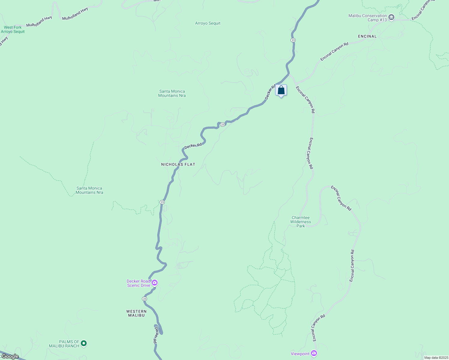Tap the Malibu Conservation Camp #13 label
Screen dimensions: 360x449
pos(368,18)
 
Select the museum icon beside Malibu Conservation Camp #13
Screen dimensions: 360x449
pos(391,17)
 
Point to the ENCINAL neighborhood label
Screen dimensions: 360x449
pos(367,36)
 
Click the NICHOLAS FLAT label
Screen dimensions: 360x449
pos(178,164)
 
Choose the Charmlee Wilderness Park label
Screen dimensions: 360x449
pos(300,222)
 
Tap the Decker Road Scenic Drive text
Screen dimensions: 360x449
pos(138,283)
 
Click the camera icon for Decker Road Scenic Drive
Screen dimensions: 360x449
pos(155,283)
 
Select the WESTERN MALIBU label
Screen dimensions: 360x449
pos(136,313)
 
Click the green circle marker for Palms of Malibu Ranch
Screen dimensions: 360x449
pos(84,343)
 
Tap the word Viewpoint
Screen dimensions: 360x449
pos(300,354)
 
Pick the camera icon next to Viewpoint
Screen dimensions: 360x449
pos(314,353)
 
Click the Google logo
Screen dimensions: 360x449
pos(10,356)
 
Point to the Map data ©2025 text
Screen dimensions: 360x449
pos(436,358)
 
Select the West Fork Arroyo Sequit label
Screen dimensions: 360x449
pos(13,29)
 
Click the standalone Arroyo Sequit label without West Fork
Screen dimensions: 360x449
pos(208,23)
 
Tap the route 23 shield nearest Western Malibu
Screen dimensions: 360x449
pos(145,299)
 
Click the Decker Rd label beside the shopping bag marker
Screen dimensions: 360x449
pos(270,92)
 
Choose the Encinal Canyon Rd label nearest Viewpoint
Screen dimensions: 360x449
pos(318,328)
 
